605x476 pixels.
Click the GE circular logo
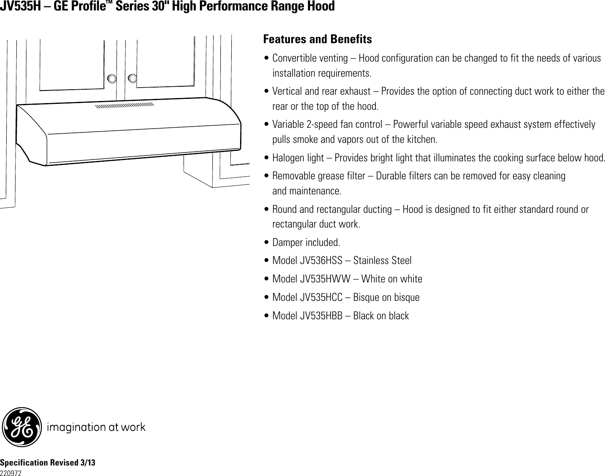[22, 427]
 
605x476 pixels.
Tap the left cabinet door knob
[112, 78]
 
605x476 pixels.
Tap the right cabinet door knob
[132, 78]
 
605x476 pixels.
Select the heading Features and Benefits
[317, 39]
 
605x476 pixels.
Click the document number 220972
[11, 473]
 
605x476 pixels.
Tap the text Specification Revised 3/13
[48, 463]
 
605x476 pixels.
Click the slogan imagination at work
[96, 427]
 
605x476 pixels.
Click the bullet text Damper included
[306, 243]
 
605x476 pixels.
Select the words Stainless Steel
[382, 261]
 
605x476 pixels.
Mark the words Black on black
[381, 316]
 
